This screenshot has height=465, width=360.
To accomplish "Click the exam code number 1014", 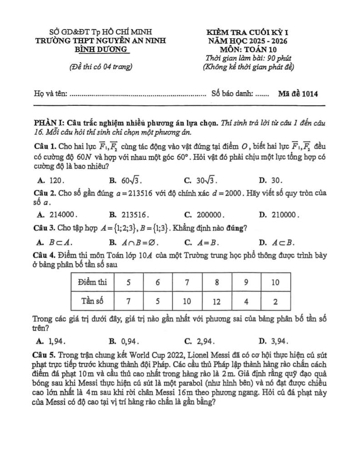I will [x=309, y=94].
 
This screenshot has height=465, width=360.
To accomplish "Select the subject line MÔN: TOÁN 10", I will [x=248, y=49].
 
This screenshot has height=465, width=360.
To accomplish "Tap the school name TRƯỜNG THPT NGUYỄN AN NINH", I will [x=100, y=41].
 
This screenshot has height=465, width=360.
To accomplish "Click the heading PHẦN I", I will [x=49, y=123].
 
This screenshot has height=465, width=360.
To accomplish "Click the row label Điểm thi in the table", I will [x=92, y=282].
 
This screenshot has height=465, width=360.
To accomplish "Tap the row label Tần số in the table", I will [x=92, y=300].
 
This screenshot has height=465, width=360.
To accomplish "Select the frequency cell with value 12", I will [x=217, y=300].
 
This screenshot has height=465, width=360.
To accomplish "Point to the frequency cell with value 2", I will [x=275, y=300].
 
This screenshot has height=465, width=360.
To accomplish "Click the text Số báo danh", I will [x=232, y=94].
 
